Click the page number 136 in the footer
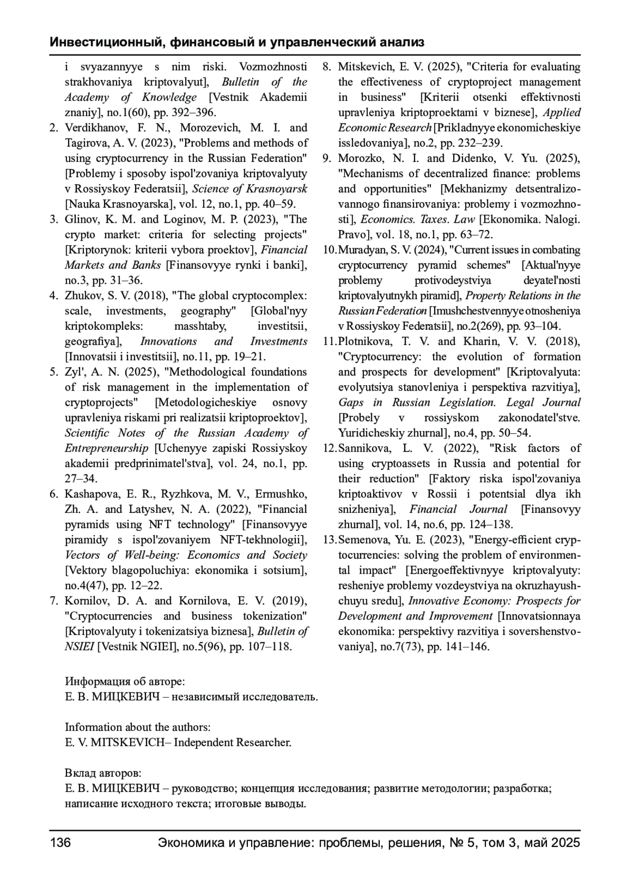tap(60, 843)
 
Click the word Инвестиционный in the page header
tap(106, 42)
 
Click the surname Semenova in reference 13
tap(363, 540)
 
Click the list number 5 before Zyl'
tap(54, 373)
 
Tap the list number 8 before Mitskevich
tap(327, 67)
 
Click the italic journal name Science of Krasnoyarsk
tap(250, 189)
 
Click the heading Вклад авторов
tap(103, 774)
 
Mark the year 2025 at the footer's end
tap(565, 843)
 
